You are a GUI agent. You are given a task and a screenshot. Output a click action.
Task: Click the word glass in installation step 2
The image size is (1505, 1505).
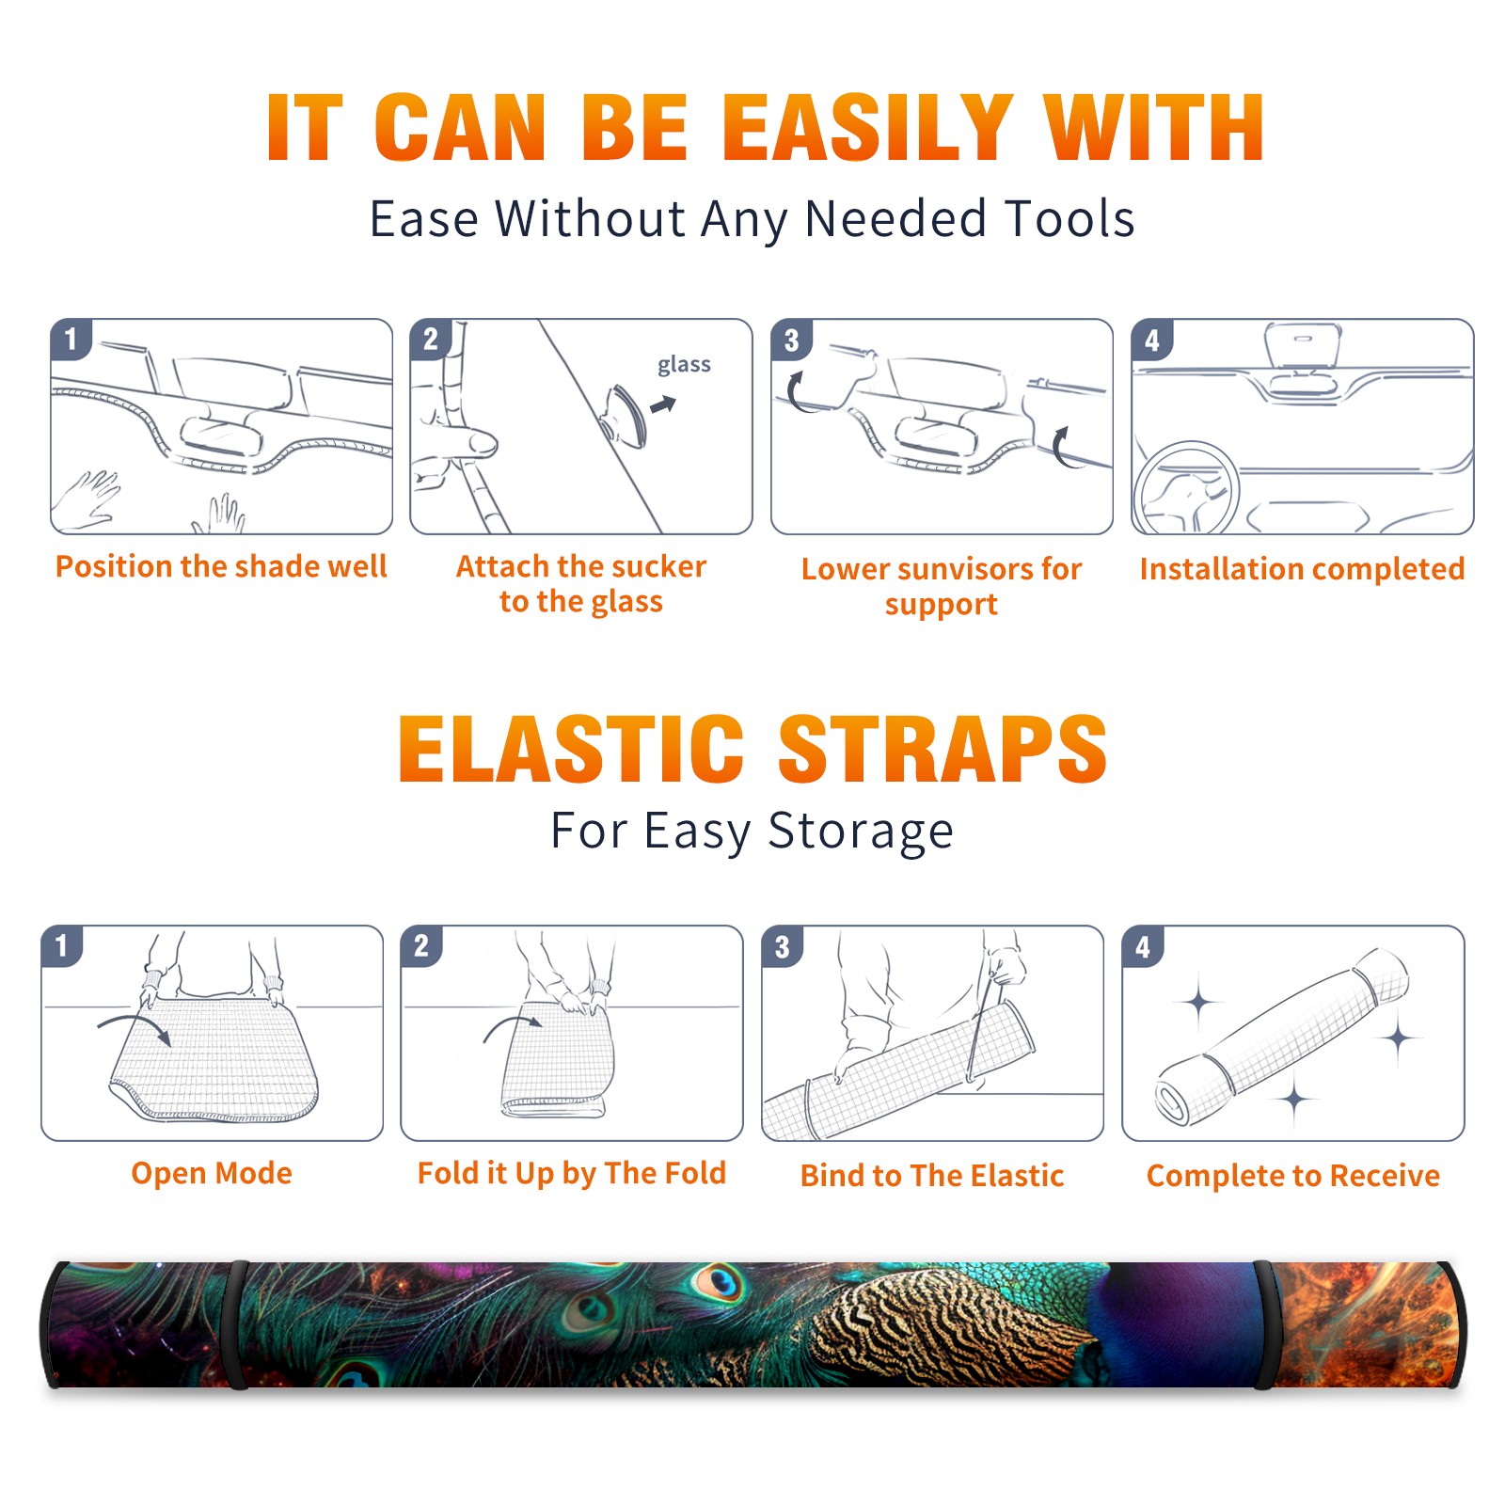pos(684,365)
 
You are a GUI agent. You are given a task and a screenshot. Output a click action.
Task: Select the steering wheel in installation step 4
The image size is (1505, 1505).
pos(1186,488)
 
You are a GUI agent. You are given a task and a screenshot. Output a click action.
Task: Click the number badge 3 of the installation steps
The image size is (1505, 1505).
pos(792,340)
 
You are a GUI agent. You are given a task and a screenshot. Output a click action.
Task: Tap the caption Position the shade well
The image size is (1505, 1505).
pos(221,566)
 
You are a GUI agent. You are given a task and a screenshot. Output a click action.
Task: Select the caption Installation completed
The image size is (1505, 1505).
pos(1302,569)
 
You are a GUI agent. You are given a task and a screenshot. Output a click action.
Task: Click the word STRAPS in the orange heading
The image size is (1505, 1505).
pos(943,749)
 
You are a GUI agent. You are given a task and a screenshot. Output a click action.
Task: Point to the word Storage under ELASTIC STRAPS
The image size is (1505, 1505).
pos(861,832)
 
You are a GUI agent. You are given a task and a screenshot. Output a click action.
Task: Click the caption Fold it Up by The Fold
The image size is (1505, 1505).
pos(572,1174)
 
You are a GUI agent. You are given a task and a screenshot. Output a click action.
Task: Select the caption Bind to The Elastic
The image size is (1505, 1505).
pos(932,1176)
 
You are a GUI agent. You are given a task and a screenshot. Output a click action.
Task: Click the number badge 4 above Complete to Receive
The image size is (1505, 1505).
pos(1143,946)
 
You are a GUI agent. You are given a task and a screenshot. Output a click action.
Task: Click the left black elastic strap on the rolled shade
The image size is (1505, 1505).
pos(235,1324)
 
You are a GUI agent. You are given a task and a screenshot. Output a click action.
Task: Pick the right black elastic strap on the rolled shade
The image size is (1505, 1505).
pos(1266,1324)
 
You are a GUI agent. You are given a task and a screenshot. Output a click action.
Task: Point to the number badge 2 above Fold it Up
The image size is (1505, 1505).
pos(421,946)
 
